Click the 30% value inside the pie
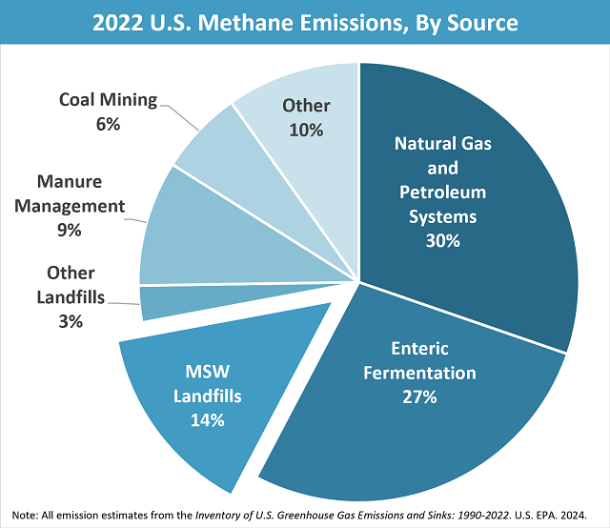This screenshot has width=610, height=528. click(442, 241)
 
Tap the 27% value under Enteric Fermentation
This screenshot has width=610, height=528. click(419, 397)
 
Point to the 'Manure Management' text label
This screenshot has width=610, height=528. click(81, 193)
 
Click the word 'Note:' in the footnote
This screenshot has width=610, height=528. click(26, 512)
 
